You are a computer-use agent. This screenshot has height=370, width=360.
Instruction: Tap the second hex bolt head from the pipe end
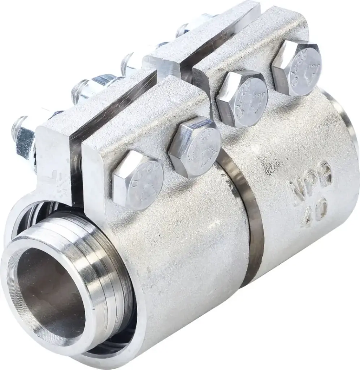[x=195, y=146]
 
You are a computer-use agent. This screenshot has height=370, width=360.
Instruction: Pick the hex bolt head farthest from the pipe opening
[x=297, y=66]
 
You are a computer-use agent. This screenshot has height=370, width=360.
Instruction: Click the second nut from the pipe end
[x=90, y=87]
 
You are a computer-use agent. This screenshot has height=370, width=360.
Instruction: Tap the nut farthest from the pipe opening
[x=191, y=25]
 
